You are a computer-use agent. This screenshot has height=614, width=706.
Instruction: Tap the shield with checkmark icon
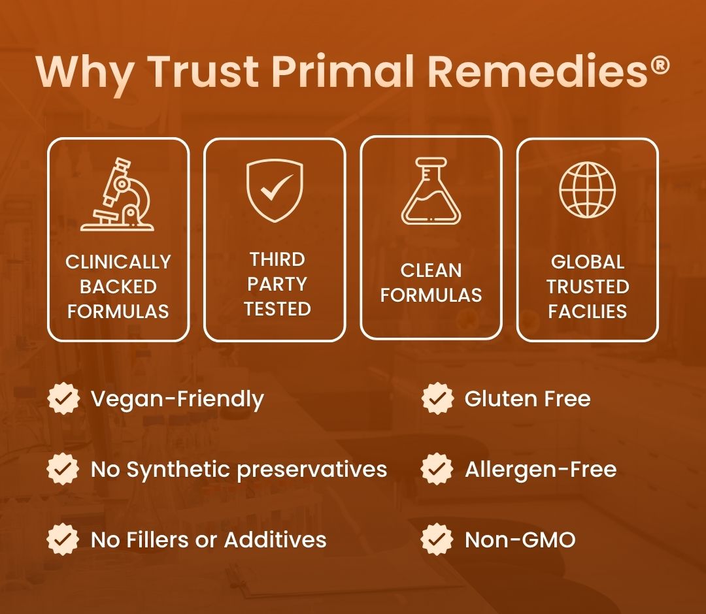tap(275, 190)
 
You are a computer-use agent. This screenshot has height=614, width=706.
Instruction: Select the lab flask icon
tap(431, 191)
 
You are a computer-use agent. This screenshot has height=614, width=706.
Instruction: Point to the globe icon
tap(587, 189)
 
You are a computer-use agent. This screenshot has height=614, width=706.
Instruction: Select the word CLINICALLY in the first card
tap(118, 262)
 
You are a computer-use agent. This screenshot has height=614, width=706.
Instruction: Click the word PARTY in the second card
tap(277, 284)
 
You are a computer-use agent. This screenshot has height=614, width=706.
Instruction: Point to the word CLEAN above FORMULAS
tap(431, 270)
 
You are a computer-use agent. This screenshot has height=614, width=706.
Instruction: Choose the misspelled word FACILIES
tap(587, 312)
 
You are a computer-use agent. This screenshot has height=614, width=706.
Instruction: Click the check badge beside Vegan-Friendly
tap(63, 398)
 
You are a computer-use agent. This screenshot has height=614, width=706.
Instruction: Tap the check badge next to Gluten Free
tap(437, 398)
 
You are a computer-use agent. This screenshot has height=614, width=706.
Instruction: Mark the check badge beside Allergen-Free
tap(437, 469)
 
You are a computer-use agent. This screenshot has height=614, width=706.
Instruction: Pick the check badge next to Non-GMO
tap(437, 539)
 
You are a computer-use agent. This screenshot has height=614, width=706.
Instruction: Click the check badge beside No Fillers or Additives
tap(63, 539)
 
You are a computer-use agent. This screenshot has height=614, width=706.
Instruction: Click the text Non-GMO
tap(520, 540)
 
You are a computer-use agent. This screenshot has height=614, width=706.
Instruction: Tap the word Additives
tap(275, 540)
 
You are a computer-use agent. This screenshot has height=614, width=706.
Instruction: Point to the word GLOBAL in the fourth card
tap(587, 262)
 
